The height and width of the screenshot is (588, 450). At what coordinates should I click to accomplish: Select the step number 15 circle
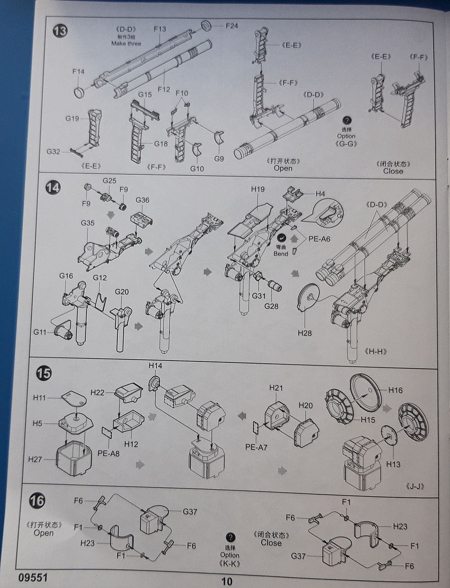[x=44, y=374]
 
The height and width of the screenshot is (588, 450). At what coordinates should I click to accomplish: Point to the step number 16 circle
[x=38, y=501]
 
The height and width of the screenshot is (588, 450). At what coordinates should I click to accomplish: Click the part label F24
[x=231, y=26]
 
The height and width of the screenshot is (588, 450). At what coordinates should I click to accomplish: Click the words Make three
[x=126, y=44]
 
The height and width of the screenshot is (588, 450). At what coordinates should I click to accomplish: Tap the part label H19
[x=258, y=189]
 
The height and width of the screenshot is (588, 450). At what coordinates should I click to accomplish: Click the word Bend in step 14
[x=281, y=254]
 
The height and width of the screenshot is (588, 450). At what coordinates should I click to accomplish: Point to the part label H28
[x=305, y=333]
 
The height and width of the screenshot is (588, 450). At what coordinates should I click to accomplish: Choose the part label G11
[x=40, y=332]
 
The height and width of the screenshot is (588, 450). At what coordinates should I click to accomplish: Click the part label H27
[x=35, y=459]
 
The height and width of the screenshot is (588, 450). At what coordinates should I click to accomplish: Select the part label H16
[x=395, y=390]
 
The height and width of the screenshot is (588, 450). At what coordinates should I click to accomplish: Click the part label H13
[x=393, y=464]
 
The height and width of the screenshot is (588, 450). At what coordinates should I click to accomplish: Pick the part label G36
[x=142, y=200]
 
